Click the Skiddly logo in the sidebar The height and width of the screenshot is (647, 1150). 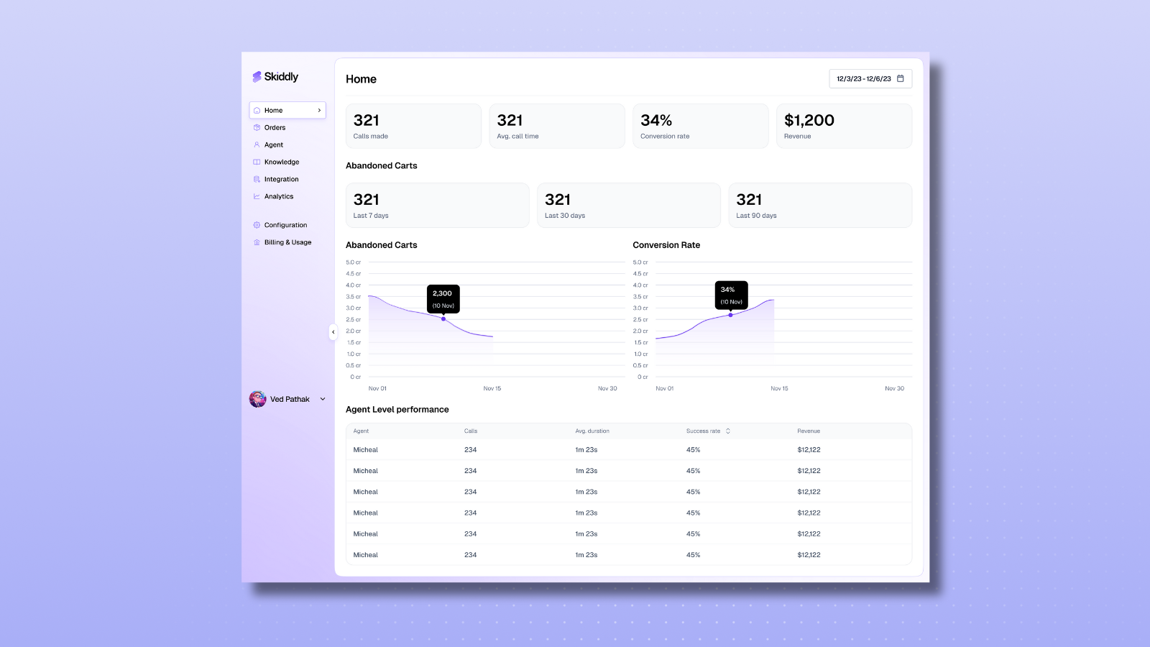coord(275,77)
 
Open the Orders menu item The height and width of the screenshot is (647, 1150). coord(275,128)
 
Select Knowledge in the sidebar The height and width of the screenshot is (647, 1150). coord(281,162)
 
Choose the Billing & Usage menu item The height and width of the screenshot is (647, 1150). coord(287,243)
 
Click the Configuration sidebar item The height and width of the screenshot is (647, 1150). coord(285,226)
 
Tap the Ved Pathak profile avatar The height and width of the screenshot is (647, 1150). coord(257,399)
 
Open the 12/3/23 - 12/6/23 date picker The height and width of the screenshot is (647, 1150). coord(870,79)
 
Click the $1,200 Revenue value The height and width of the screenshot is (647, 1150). coord(809,121)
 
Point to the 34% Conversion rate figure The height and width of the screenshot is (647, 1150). coord(656,121)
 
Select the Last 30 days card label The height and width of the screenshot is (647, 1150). coord(565,216)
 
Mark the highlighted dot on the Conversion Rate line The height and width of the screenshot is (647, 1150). coord(730,315)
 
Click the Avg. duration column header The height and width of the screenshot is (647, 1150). coord(592,431)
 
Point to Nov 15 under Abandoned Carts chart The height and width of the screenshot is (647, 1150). coord(492,388)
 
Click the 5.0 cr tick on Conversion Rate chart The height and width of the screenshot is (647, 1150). coord(640,262)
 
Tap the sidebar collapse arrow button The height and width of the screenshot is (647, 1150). coord(333,331)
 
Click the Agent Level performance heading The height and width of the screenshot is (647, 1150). coord(397,410)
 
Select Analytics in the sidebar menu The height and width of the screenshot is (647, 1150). coord(279,197)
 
